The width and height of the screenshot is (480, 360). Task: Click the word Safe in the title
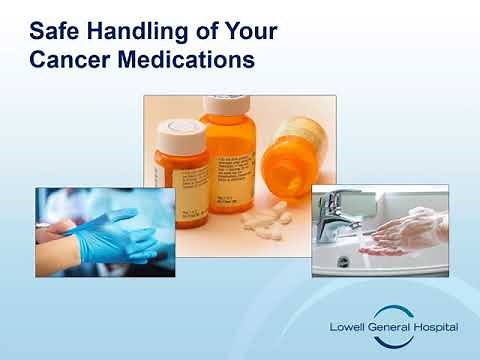tap(56, 31)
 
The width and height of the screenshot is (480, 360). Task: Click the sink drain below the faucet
tap(343, 262)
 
